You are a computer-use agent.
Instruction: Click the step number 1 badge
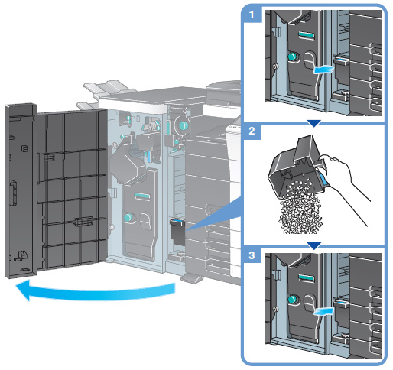[x=252, y=15]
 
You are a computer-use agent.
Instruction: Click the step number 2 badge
[x=252, y=131]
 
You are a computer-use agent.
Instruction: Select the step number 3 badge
[x=252, y=255]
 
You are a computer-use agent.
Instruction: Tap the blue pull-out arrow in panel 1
[x=323, y=69]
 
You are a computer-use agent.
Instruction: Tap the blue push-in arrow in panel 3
[x=323, y=312]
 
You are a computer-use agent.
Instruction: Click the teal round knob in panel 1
[x=293, y=57]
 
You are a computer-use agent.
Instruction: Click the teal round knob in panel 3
[x=293, y=300]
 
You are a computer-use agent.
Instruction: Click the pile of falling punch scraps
[x=300, y=206]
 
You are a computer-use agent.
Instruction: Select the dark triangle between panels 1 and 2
[x=314, y=123]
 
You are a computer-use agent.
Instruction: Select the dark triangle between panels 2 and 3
[x=314, y=245]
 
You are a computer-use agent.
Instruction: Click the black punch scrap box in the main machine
[x=177, y=231]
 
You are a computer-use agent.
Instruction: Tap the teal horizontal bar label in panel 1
[x=307, y=35]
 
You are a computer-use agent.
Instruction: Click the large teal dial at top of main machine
[x=184, y=125]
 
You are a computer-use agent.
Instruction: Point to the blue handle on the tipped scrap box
[x=323, y=180]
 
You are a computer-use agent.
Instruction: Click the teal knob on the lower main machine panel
[x=128, y=217]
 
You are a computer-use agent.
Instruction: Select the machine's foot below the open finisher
[x=193, y=277]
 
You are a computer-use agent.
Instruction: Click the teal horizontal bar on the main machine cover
[x=142, y=196]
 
